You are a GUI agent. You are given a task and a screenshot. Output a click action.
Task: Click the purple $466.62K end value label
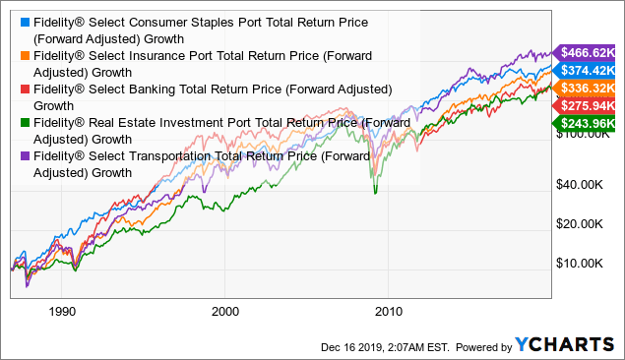(588, 53)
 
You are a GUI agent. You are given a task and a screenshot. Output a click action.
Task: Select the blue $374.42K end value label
(588, 70)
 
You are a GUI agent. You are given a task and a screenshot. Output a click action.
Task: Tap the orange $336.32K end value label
(588, 89)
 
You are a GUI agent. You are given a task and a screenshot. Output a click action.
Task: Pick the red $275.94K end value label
(588, 105)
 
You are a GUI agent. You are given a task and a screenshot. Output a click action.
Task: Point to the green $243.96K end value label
(588, 123)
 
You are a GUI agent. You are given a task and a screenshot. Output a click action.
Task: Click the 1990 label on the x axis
(61, 307)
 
